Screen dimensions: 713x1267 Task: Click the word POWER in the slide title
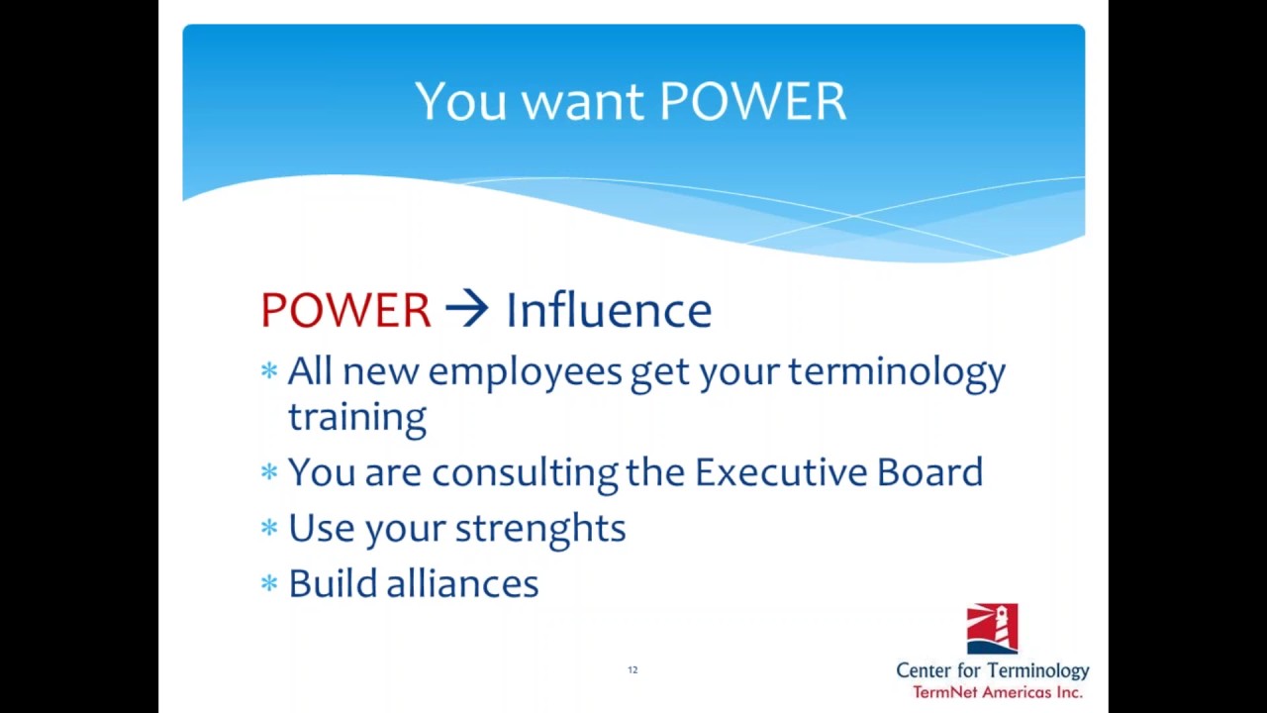[x=752, y=101]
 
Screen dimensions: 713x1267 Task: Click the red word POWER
[x=345, y=311]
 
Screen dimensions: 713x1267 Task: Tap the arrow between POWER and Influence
[x=466, y=310]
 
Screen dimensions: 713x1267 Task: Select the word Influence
[x=608, y=311]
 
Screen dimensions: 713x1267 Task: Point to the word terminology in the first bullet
[x=896, y=373]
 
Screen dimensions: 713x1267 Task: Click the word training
[x=357, y=418]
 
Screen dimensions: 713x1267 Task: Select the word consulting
[x=525, y=473]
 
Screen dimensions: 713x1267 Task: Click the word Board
[x=929, y=472]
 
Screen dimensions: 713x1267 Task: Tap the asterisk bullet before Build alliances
[x=269, y=583]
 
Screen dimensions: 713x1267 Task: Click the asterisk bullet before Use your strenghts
[x=269, y=528]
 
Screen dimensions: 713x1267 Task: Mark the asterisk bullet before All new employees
[x=269, y=371]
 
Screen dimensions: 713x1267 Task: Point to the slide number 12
[x=633, y=670]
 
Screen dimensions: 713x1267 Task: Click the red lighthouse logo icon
[x=992, y=630]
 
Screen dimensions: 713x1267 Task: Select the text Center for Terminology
[x=992, y=671]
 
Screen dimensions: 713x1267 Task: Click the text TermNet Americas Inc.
[x=997, y=692]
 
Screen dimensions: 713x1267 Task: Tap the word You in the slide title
[x=461, y=101]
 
